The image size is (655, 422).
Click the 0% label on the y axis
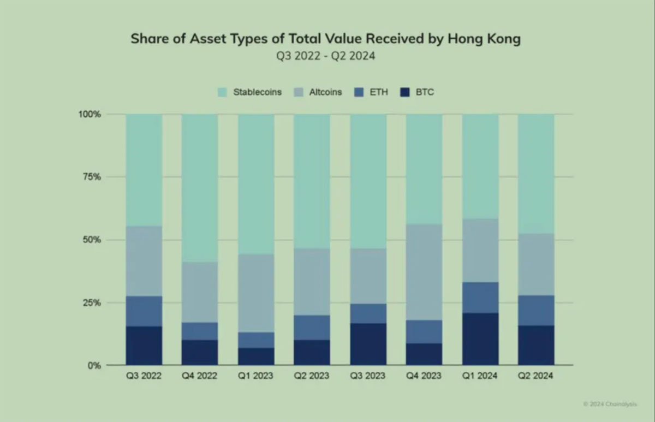pos(94,365)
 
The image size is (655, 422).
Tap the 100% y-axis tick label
pos(89,114)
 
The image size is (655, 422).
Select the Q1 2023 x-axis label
pos(256,376)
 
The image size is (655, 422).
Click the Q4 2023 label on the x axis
pos(424,376)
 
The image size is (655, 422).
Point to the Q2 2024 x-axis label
pos(535,376)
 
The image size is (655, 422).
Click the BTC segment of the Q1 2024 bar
pos(480,338)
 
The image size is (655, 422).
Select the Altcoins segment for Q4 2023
pos(424,272)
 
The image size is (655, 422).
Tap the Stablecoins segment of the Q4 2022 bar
pos(200,188)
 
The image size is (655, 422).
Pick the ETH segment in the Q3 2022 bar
pos(144,311)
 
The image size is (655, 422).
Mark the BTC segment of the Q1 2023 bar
pos(256,356)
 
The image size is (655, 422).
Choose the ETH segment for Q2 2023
pos(312,328)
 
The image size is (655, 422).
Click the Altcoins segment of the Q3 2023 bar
pos(368,276)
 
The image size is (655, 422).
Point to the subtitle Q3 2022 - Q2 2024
pos(326,56)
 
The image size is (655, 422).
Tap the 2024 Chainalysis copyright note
pos(609,404)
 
